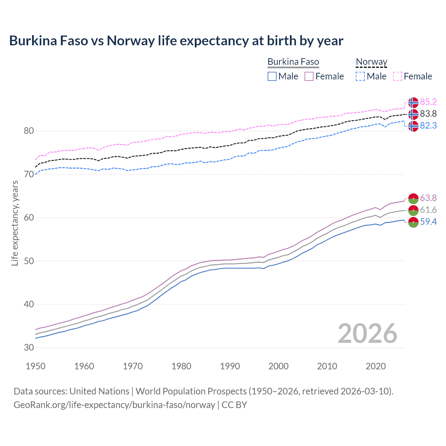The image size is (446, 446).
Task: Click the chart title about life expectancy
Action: click(176, 41)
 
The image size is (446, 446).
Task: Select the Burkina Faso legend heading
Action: click(293, 62)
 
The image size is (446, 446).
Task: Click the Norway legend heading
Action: click(371, 62)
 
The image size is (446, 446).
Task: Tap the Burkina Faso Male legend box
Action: click(272, 76)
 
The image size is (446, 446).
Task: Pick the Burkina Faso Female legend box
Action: click(309, 76)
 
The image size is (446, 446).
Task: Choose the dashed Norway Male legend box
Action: click(360, 76)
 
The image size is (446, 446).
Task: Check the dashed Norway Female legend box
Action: click(398, 76)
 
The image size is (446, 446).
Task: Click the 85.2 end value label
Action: click(428, 102)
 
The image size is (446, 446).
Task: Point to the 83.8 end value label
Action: click(428, 114)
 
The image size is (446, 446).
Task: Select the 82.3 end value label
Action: click(428, 125)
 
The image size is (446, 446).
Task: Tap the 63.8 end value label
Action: click(428, 198)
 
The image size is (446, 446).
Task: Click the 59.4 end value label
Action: click(428, 222)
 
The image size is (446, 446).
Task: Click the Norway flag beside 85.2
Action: click(413, 102)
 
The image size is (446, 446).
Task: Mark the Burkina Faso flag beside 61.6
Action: click(413, 210)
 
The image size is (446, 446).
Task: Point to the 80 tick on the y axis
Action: click(29, 131)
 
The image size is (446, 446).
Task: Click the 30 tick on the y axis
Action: click(29, 347)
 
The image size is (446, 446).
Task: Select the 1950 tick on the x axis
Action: click(36, 366)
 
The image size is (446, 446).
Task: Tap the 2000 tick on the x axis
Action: click(278, 366)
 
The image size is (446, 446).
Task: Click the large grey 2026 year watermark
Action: click(368, 333)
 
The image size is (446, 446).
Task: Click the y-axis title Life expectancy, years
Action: click(15, 223)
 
